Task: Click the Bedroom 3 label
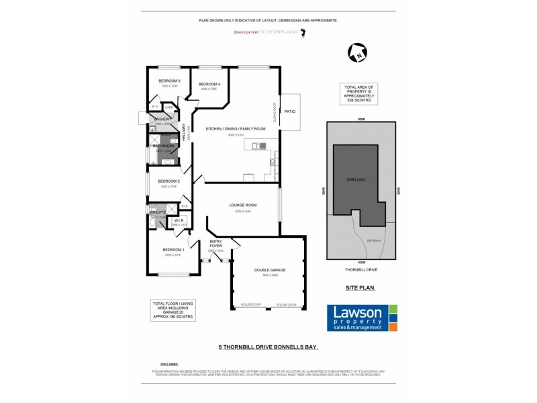click(168, 81)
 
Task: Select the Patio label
click(290, 111)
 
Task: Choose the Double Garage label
click(269, 270)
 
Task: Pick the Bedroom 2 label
click(168, 181)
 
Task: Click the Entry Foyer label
click(216, 244)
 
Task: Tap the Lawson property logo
click(361, 318)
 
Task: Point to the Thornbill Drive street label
click(360, 269)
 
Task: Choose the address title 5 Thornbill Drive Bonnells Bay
click(268, 347)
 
